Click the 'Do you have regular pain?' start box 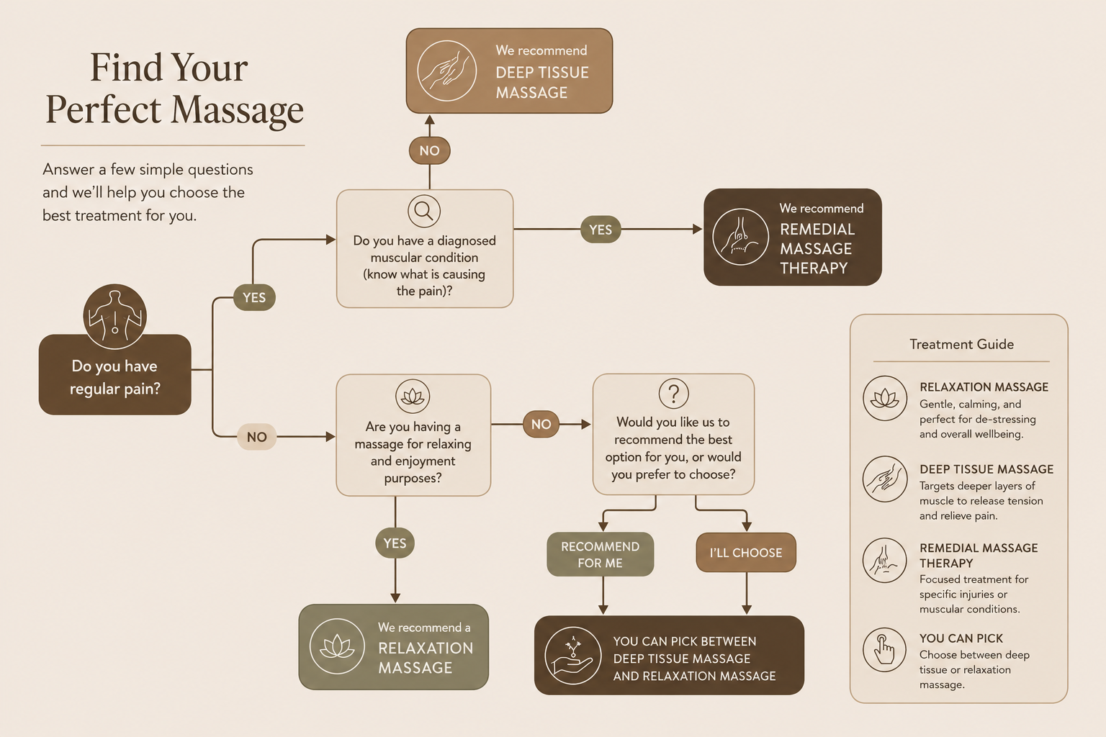tap(114, 375)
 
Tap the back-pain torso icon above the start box tap(114, 316)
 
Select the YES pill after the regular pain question tap(254, 297)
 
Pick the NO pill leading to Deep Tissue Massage tap(430, 150)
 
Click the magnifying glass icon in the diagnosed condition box tap(424, 212)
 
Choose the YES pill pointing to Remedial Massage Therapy tap(601, 230)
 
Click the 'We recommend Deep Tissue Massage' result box tap(509, 71)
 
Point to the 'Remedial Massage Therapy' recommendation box tap(793, 237)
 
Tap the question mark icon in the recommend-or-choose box tap(673, 394)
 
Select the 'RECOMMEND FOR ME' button tap(600, 554)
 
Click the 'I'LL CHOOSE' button tap(745, 552)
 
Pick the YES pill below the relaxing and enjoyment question tap(395, 543)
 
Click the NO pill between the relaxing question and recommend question tap(541, 424)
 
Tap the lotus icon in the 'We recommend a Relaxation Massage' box tap(337, 646)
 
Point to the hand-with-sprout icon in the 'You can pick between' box tap(572, 656)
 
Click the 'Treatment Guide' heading tap(961, 344)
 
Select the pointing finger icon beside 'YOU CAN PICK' tap(884, 650)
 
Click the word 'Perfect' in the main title tap(103, 109)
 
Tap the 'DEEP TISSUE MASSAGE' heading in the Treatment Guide tap(986, 469)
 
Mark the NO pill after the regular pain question tap(257, 437)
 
